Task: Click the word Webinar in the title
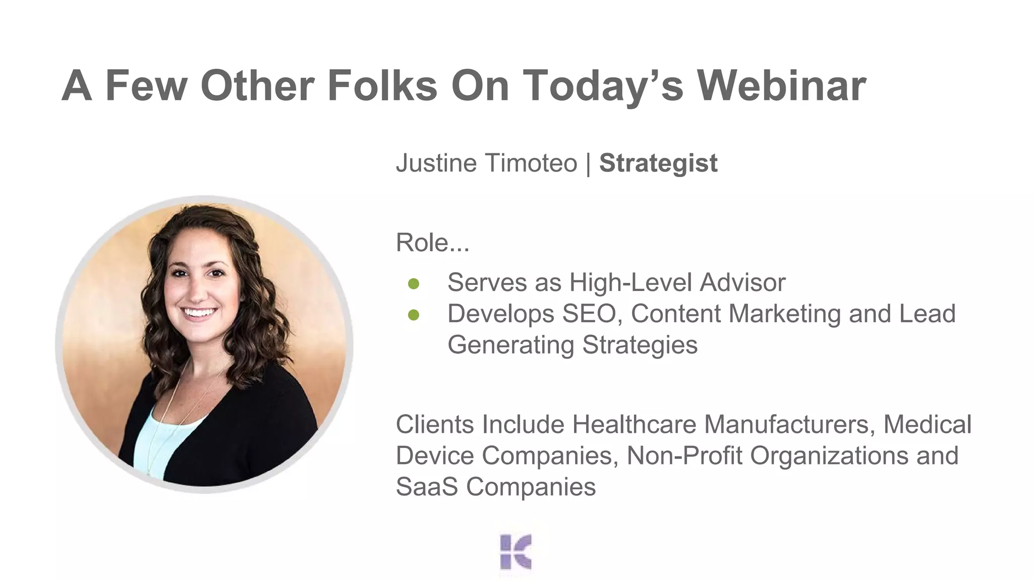tap(781, 86)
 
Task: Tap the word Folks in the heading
tap(382, 86)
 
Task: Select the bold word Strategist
tap(658, 163)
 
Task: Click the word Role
tap(422, 243)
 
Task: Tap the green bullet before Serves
tap(414, 284)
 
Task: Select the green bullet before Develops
tap(414, 315)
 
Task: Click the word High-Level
tap(630, 282)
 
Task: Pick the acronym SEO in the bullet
tap(589, 314)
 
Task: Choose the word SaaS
tap(427, 487)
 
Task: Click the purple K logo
tap(515, 552)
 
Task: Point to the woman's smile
tap(199, 312)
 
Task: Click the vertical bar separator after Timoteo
tap(588, 163)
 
